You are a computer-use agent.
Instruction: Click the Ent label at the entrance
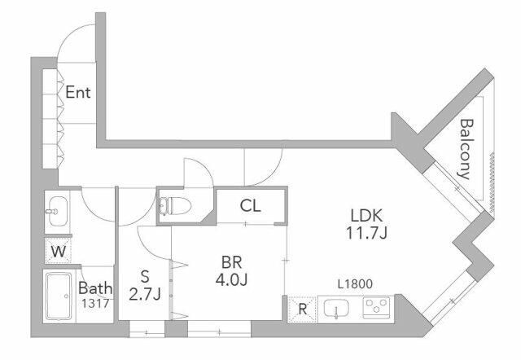78,92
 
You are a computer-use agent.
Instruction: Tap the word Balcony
466,149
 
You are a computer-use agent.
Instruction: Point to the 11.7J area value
367,233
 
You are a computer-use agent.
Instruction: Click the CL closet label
250,206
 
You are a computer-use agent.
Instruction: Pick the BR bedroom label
231,262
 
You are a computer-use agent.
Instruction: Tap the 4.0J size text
231,280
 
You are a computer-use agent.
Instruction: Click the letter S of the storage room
145,277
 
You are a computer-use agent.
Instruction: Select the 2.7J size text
145,294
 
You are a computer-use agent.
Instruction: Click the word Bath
95,288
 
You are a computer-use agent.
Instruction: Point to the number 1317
95,303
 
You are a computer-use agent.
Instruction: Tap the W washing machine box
59,252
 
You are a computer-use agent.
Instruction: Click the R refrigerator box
302,310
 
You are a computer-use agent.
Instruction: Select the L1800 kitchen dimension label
355,284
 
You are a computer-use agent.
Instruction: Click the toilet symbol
175,206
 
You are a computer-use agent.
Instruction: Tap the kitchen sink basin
336,309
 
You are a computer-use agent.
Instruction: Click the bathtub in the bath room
59,296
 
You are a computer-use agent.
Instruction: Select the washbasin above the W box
58,212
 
